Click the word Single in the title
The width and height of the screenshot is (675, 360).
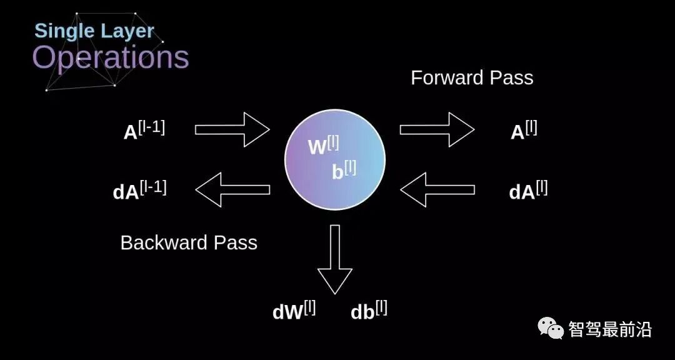[x=64, y=31]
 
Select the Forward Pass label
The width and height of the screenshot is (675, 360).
[x=472, y=78]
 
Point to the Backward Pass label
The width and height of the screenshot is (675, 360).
[x=189, y=242]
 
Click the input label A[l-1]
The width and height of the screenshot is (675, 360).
[x=144, y=131]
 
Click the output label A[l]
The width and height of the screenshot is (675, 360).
[x=524, y=131]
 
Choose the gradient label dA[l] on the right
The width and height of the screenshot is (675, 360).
[x=528, y=190]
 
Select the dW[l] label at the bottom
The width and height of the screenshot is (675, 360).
[x=294, y=311]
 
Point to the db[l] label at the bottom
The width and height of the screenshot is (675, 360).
[x=369, y=311]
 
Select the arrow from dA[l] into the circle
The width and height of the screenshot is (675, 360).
[x=437, y=189]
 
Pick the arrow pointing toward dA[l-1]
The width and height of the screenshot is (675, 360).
[x=232, y=189]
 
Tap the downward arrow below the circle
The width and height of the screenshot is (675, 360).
[x=335, y=259]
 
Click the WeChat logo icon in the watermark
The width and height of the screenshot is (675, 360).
[x=552, y=327]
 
